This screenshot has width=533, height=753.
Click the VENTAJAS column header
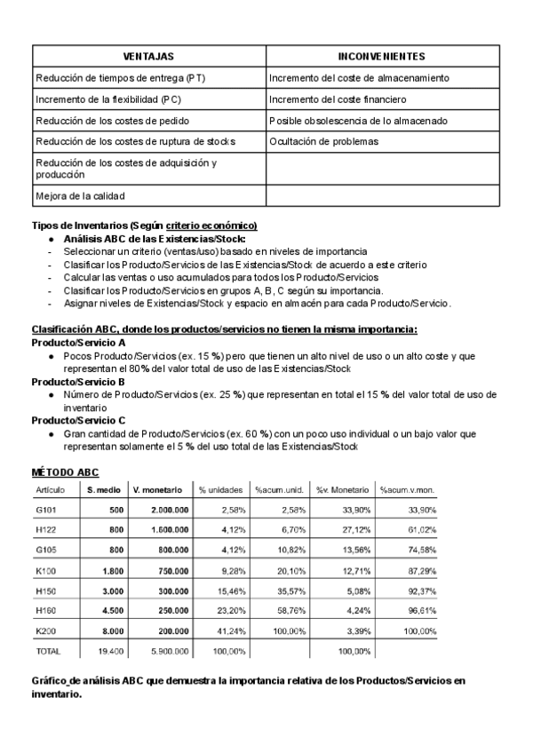click(x=148, y=56)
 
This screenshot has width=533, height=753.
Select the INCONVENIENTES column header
click(x=382, y=56)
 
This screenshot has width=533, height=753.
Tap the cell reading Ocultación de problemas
click(x=323, y=141)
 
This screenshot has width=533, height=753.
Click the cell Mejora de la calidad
click(x=80, y=195)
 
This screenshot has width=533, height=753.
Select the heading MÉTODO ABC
click(x=65, y=472)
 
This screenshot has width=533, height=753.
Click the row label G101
click(x=46, y=510)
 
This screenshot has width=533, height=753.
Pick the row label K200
click(x=46, y=630)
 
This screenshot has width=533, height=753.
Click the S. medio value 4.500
click(x=111, y=610)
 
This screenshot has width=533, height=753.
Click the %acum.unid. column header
click(x=280, y=489)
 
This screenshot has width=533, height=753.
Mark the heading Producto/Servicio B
click(x=78, y=380)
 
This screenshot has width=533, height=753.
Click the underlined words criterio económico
click(x=211, y=226)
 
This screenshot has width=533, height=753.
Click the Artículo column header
click(x=49, y=489)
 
